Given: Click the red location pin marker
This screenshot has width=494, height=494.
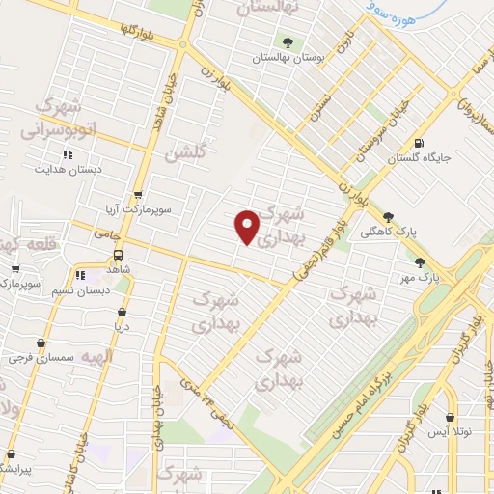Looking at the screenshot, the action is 248,227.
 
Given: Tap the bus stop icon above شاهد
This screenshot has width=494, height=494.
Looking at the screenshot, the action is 118,256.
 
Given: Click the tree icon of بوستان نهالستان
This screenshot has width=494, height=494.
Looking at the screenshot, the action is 288,41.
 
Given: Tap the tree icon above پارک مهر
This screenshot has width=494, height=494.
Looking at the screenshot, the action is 420,261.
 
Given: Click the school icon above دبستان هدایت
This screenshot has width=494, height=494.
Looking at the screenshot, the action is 68,154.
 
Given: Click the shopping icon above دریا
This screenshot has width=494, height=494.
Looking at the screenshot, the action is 122,313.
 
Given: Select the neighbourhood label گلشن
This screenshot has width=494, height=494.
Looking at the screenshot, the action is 184,152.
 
